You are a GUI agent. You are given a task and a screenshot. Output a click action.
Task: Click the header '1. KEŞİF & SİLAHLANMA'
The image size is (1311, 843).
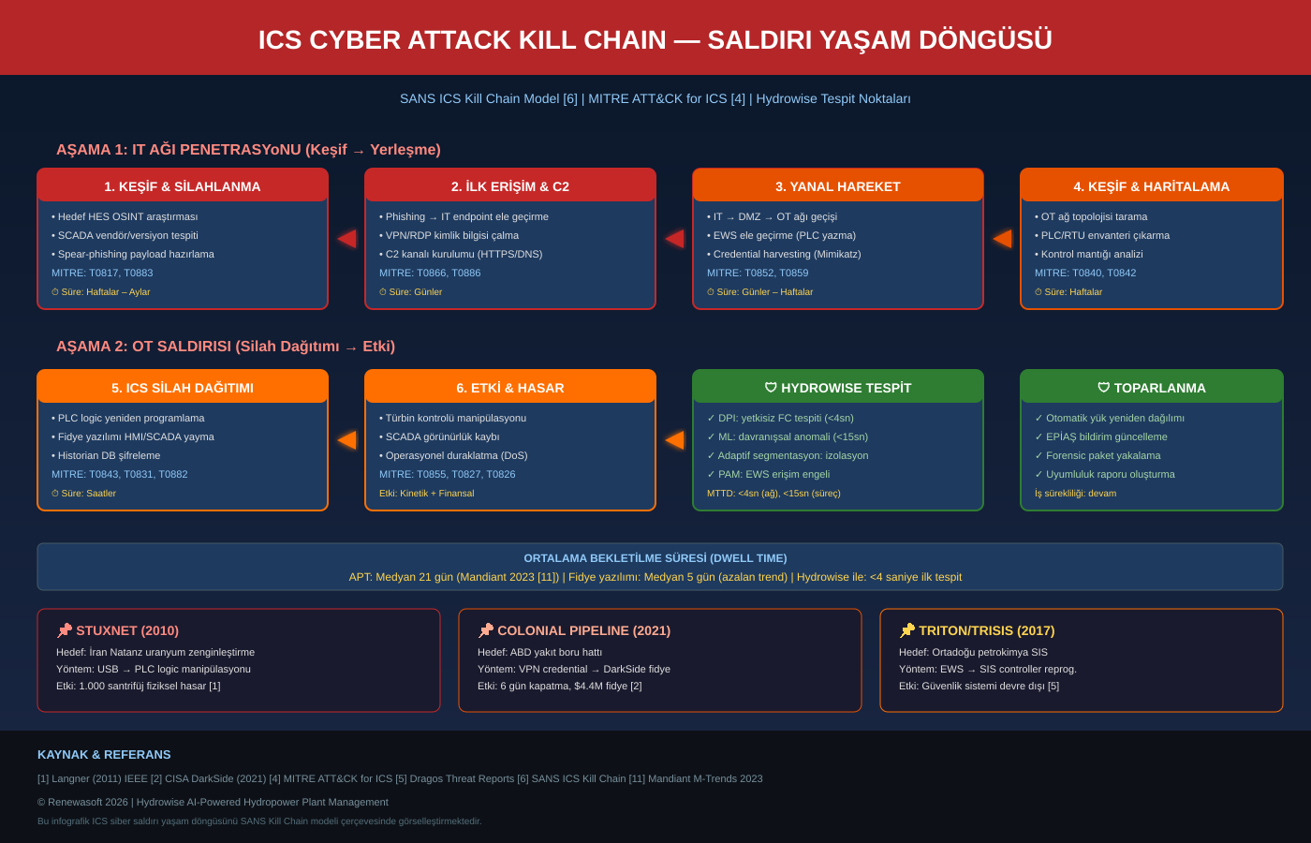(x=183, y=186)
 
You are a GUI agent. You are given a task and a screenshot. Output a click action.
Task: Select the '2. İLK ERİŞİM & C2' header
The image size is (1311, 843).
(x=510, y=186)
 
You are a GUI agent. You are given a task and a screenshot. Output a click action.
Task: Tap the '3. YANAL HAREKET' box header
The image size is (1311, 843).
(x=838, y=186)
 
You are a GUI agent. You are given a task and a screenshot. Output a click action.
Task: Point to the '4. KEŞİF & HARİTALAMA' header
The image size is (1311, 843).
(x=1152, y=186)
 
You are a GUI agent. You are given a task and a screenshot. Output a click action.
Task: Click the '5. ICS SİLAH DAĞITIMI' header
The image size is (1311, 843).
(x=183, y=388)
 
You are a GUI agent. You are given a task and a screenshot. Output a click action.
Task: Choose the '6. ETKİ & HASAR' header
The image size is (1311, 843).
(x=510, y=388)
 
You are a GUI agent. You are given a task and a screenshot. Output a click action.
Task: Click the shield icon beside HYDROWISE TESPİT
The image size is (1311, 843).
(x=771, y=388)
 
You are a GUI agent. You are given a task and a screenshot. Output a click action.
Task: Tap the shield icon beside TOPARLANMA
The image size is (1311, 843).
(x=1103, y=388)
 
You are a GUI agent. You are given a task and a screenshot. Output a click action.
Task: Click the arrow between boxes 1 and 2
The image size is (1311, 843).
(x=346, y=239)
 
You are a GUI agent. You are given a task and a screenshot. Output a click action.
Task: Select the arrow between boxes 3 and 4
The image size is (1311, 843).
(x=1002, y=239)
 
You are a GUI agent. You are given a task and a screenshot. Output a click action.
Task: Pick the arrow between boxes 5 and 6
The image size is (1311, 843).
(x=346, y=439)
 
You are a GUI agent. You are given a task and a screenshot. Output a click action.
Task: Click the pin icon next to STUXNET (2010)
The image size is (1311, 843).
(x=65, y=630)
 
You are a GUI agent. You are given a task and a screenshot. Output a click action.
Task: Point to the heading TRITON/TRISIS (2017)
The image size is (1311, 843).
(x=986, y=630)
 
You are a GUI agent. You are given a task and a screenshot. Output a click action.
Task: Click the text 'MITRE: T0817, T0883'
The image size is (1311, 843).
(x=102, y=273)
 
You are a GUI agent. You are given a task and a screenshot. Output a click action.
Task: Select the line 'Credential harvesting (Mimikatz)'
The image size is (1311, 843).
(x=787, y=254)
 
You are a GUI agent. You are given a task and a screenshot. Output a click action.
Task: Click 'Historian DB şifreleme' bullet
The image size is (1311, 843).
(x=109, y=455)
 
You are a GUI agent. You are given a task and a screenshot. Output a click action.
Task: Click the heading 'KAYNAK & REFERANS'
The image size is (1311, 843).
(x=104, y=754)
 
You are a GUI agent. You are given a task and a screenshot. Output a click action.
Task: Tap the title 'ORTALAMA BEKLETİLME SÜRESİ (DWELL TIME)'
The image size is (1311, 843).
(x=655, y=558)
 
